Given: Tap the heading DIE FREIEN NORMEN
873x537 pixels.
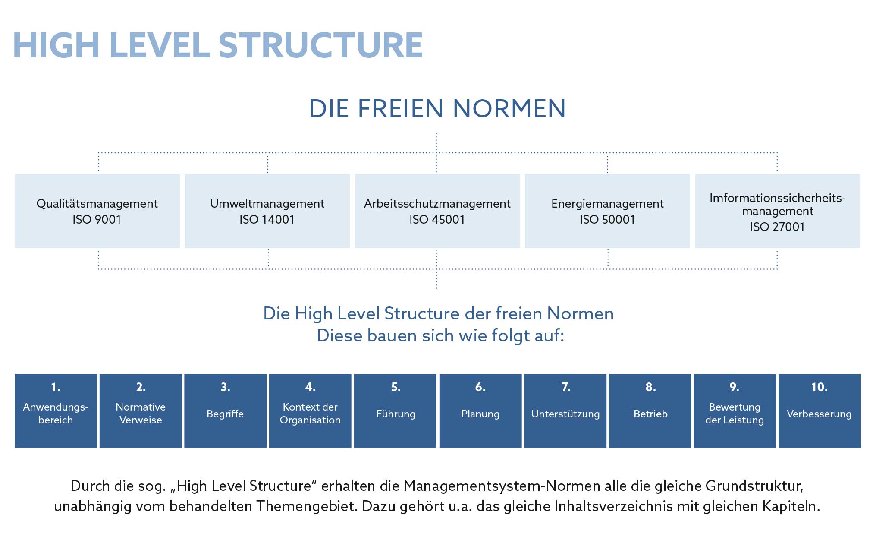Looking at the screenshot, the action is pyautogui.click(x=437, y=108).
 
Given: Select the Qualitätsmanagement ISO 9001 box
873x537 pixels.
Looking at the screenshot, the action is pyautogui.click(x=97, y=211).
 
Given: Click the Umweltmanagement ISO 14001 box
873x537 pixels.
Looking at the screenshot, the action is pyautogui.click(x=267, y=211).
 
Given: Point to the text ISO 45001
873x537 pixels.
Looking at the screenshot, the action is pyautogui.click(x=437, y=219).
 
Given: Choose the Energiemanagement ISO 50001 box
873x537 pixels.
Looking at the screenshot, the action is pyautogui.click(x=607, y=211).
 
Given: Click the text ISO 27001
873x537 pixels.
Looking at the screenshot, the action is pyautogui.click(x=777, y=227).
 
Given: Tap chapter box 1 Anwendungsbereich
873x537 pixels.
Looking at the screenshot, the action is pyautogui.click(x=56, y=411).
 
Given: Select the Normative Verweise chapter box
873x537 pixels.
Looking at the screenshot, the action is pyautogui.click(x=141, y=411).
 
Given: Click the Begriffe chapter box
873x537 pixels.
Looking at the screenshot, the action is pyautogui.click(x=225, y=411).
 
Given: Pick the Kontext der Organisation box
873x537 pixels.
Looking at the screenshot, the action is pyautogui.click(x=310, y=411).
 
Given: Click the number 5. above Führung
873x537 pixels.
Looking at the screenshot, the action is pyautogui.click(x=396, y=387).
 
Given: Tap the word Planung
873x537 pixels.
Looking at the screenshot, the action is pyautogui.click(x=480, y=414).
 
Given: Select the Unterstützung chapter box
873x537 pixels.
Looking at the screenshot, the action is pyautogui.click(x=565, y=411).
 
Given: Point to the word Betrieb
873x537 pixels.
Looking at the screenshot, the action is pyautogui.click(x=650, y=414).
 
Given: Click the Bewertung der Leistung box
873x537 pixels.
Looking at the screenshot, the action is pyautogui.click(x=735, y=411).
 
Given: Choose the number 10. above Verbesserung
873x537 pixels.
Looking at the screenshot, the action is pyautogui.click(x=819, y=387).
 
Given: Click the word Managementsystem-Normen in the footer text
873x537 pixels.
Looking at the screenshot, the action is pyautogui.click(x=502, y=486).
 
